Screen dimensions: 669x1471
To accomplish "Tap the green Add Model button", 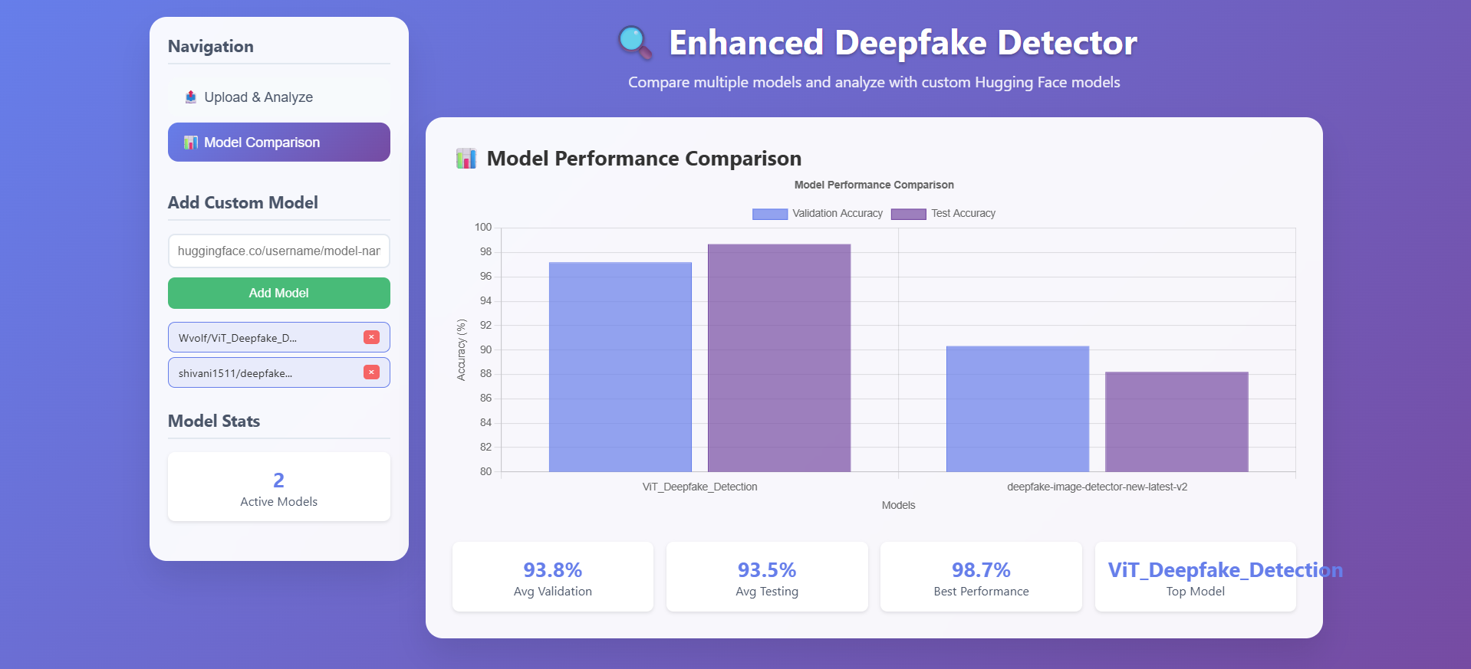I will pyautogui.click(x=278, y=293).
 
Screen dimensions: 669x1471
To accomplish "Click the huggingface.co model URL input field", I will pyautogui.click(x=278, y=251).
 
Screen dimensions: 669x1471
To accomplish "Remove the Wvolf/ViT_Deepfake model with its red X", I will pyautogui.click(x=371, y=337).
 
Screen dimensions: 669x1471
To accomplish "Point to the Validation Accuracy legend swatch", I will pyautogui.click(x=770, y=214).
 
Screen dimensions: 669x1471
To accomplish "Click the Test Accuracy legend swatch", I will pyautogui.click(x=908, y=214).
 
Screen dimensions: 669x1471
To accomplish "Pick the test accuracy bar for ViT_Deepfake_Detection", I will pyautogui.click(x=778, y=358).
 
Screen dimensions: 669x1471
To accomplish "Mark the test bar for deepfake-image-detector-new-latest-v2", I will pyautogui.click(x=1176, y=421).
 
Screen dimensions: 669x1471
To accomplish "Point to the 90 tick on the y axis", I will pyautogui.click(x=486, y=349).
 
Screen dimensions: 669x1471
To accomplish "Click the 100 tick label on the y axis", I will pyautogui.click(x=483, y=228).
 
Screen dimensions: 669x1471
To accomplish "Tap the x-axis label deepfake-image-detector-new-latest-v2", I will pyautogui.click(x=1097, y=487).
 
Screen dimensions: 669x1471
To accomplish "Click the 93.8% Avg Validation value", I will pyautogui.click(x=552, y=570).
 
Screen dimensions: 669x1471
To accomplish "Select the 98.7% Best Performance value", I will pyautogui.click(x=981, y=570).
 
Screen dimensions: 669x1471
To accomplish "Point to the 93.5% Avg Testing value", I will pyautogui.click(x=767, y=570).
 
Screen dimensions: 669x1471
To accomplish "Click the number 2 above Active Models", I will pyautogui.click(x=278, y=480).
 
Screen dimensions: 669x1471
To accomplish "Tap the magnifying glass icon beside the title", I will pyautogui.click(x=634, y=42).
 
